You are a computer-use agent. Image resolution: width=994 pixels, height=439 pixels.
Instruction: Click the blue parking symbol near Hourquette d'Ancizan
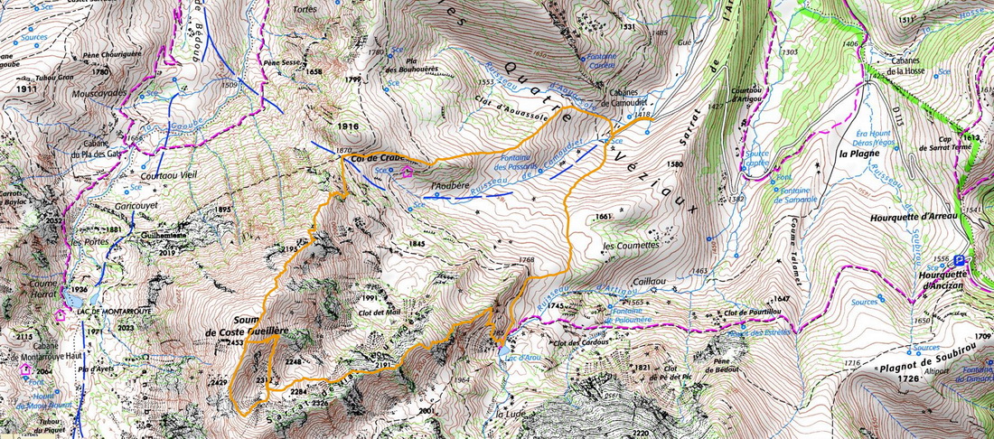pyautogui.click(x=960, y=260)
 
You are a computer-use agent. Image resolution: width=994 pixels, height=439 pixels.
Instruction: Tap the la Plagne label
pyautogui.click(x=854, y=154)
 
